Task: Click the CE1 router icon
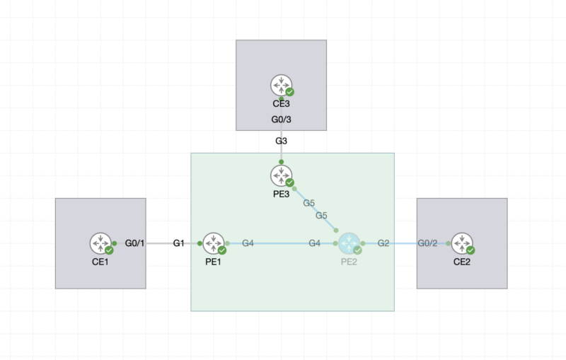(x=100, y=243)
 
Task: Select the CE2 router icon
(x=461, y=243)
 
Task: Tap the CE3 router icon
(x=281, y=84)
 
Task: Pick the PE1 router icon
(x=213, y=243)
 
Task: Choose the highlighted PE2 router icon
(x=348, y=243)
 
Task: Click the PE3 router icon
(x=281, y=174)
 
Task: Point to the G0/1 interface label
(x=134, y=243)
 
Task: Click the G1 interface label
(x=179, y=243)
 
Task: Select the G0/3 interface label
(x=282, y=120)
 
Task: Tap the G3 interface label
(x=282, y=141)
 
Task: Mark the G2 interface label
(x=383, y=243)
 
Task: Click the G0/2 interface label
(x=427, y=243)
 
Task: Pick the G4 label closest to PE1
(x=248, y=243)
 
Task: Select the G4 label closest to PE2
(x=314, y=243)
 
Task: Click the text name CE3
(x=282, y=104)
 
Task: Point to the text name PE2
(x=349, y=262)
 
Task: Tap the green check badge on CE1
(x=110, y=250)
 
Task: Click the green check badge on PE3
(x=290, y=182)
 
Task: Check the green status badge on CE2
(x=470, y=250)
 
